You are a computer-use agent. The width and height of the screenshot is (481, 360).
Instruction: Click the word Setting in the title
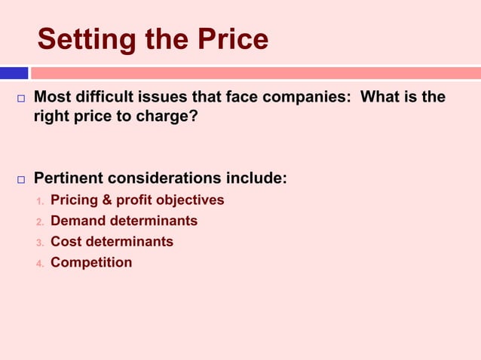pyautogui.click(x=84, y=40)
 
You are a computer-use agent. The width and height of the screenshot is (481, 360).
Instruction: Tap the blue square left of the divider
pyautogui.click(x=14, y=73)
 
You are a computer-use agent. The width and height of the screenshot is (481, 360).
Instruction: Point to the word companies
pyautogui.click(x=312, y=98)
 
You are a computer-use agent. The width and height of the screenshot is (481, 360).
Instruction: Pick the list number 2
pyautogui.click(x=40, y=222)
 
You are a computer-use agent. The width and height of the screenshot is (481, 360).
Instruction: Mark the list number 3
pyautogui.click(x=40, y=243)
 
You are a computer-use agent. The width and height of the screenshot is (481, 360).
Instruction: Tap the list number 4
pyautogui.click(x=40, y=264)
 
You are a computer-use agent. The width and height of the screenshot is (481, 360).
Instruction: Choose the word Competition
pyautogui.click(x=91, y=263)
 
